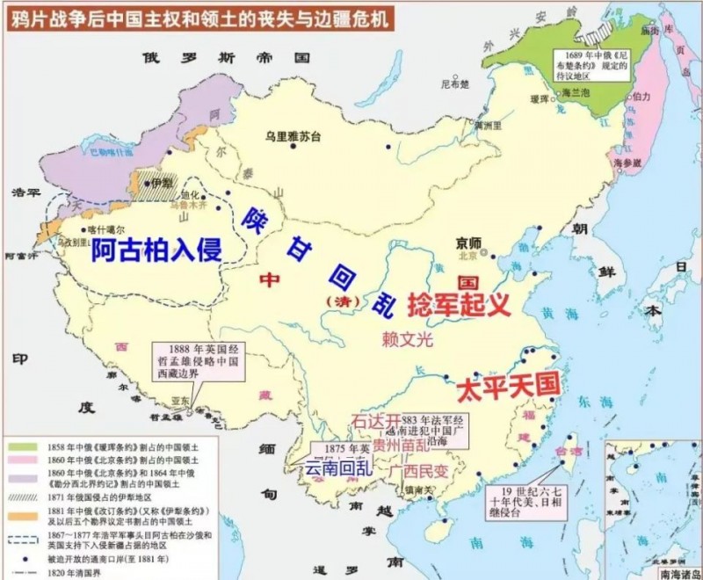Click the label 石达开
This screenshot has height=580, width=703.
coord(375,421)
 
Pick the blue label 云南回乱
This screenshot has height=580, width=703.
coord(337,467)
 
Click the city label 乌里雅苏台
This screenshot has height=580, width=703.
coord(293,137)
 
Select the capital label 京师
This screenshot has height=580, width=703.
coord(469,243)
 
